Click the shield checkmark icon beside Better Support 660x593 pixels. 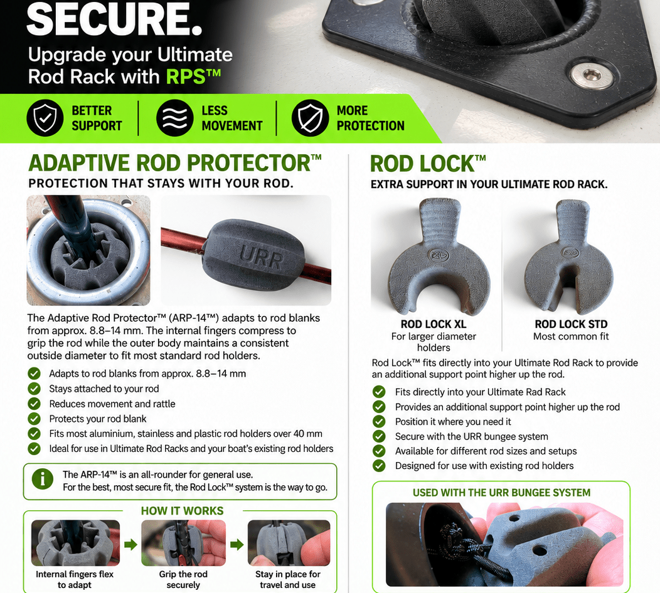coord(45,118)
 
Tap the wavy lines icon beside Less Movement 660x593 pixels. coord(174,118)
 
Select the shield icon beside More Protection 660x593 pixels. coord(310,118)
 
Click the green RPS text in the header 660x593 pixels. coord(193,76)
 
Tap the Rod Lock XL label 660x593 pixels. coord(433,324)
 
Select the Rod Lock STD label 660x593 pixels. coord(571,324)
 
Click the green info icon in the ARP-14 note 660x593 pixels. coord(43,479)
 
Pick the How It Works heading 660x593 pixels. coord(183,510)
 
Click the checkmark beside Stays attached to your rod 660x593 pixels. coord(34,389)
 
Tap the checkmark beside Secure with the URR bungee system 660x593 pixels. coord(379,436)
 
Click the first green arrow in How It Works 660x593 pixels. coord(130,545)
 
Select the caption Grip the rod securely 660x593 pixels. coord(183,580)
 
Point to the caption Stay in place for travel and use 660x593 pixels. coord(288,580)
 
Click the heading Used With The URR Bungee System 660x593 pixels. coord(501,493)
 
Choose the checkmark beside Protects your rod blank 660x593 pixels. coord(34,419)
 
